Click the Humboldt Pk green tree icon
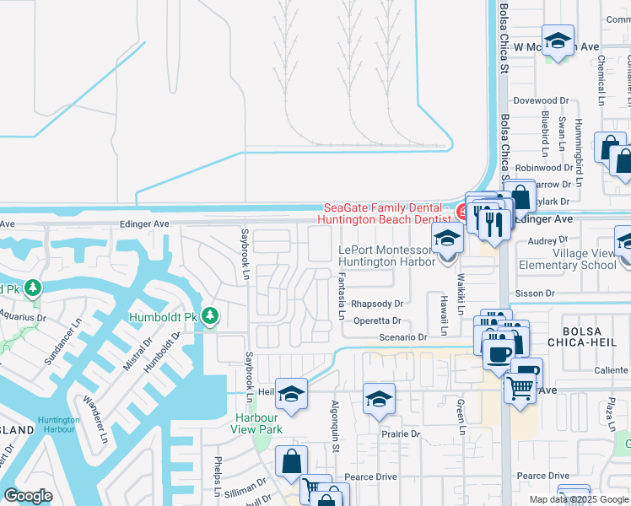(210, 317)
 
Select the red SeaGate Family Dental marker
(462, 211)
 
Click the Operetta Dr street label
(377, 320)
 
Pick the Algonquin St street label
(335, 426)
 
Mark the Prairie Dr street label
(401, 433)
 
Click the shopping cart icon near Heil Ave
(521, 388)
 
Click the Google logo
(28, 496)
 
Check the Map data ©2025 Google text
(579, 499)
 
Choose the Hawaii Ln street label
(442, 310)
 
